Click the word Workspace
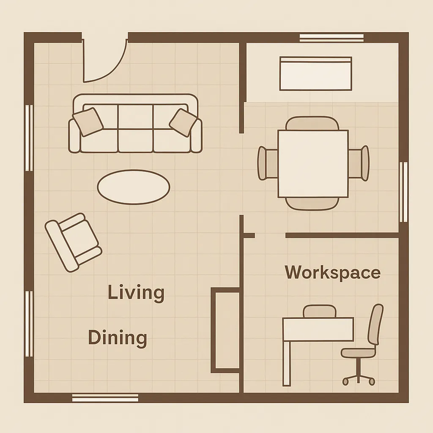click(332, 272)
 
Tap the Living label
click(136, 293)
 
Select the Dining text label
click(118, 338)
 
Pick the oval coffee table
click(134, 187)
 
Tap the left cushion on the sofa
click(88, 122)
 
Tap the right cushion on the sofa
click(183, 122)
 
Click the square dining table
click(313, 164)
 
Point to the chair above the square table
click(312, 123)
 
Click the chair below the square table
click(312, 204)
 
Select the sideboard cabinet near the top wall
click(315, 74)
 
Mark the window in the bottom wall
click(105, 397)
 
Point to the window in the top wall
click(332, 38)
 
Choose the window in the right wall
click(403, 192)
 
